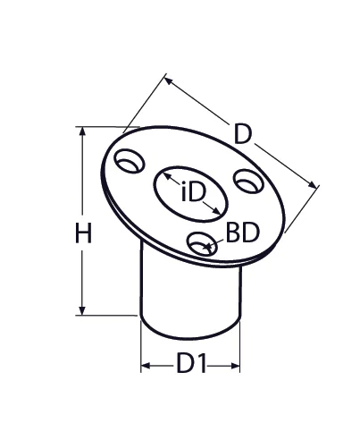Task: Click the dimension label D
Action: tap(243, 135)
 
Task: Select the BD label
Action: tap(241, 233)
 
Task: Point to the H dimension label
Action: tap(82, 234)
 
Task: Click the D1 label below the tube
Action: tap(191, 365)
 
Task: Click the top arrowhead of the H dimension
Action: tap(83, 131)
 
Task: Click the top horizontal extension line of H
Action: tap(103, 126)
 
